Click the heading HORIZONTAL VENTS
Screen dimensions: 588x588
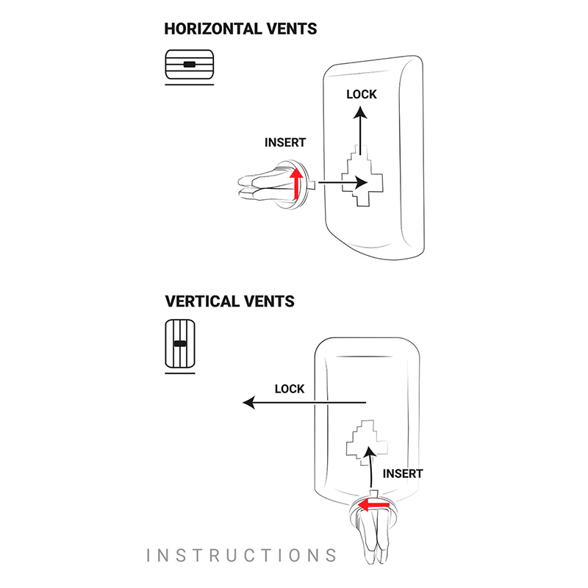(241, 29)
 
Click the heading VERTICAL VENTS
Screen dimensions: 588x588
(230, 301)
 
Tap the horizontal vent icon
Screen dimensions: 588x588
(190, 65)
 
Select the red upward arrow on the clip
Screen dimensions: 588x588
(296, 183)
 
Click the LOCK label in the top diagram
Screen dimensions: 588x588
(361, 94)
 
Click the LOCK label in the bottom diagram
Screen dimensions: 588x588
(289, 389)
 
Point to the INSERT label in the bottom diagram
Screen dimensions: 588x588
(403, 474)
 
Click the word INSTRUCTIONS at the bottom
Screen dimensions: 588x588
(242, 555)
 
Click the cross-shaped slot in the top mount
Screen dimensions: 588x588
(361, 176)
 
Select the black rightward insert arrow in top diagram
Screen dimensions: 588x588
(345, 182)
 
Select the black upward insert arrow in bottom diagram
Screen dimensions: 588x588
(373, 466)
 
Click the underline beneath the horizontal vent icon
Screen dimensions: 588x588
(190, 85)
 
